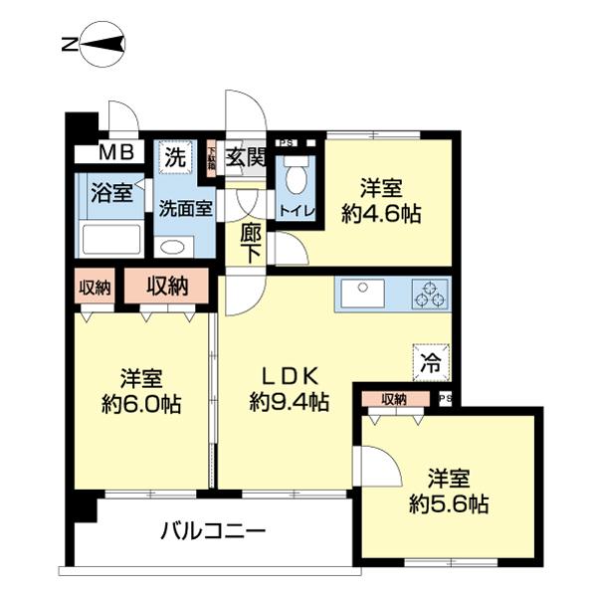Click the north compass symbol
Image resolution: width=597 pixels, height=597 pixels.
[98, 45]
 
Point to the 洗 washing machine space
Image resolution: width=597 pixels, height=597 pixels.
[175, 156]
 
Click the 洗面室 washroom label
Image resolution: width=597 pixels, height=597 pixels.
[185, 209]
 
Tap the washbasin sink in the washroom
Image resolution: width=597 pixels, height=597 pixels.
[173, 247]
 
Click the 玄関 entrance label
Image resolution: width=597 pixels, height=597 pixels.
[244, 156]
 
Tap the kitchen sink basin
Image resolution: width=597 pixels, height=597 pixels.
[362, 294]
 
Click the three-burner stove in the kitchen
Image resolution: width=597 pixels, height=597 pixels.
[431, 294]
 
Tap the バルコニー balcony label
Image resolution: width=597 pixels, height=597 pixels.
[213, 531]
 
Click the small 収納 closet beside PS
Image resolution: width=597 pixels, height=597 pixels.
[394, 399]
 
